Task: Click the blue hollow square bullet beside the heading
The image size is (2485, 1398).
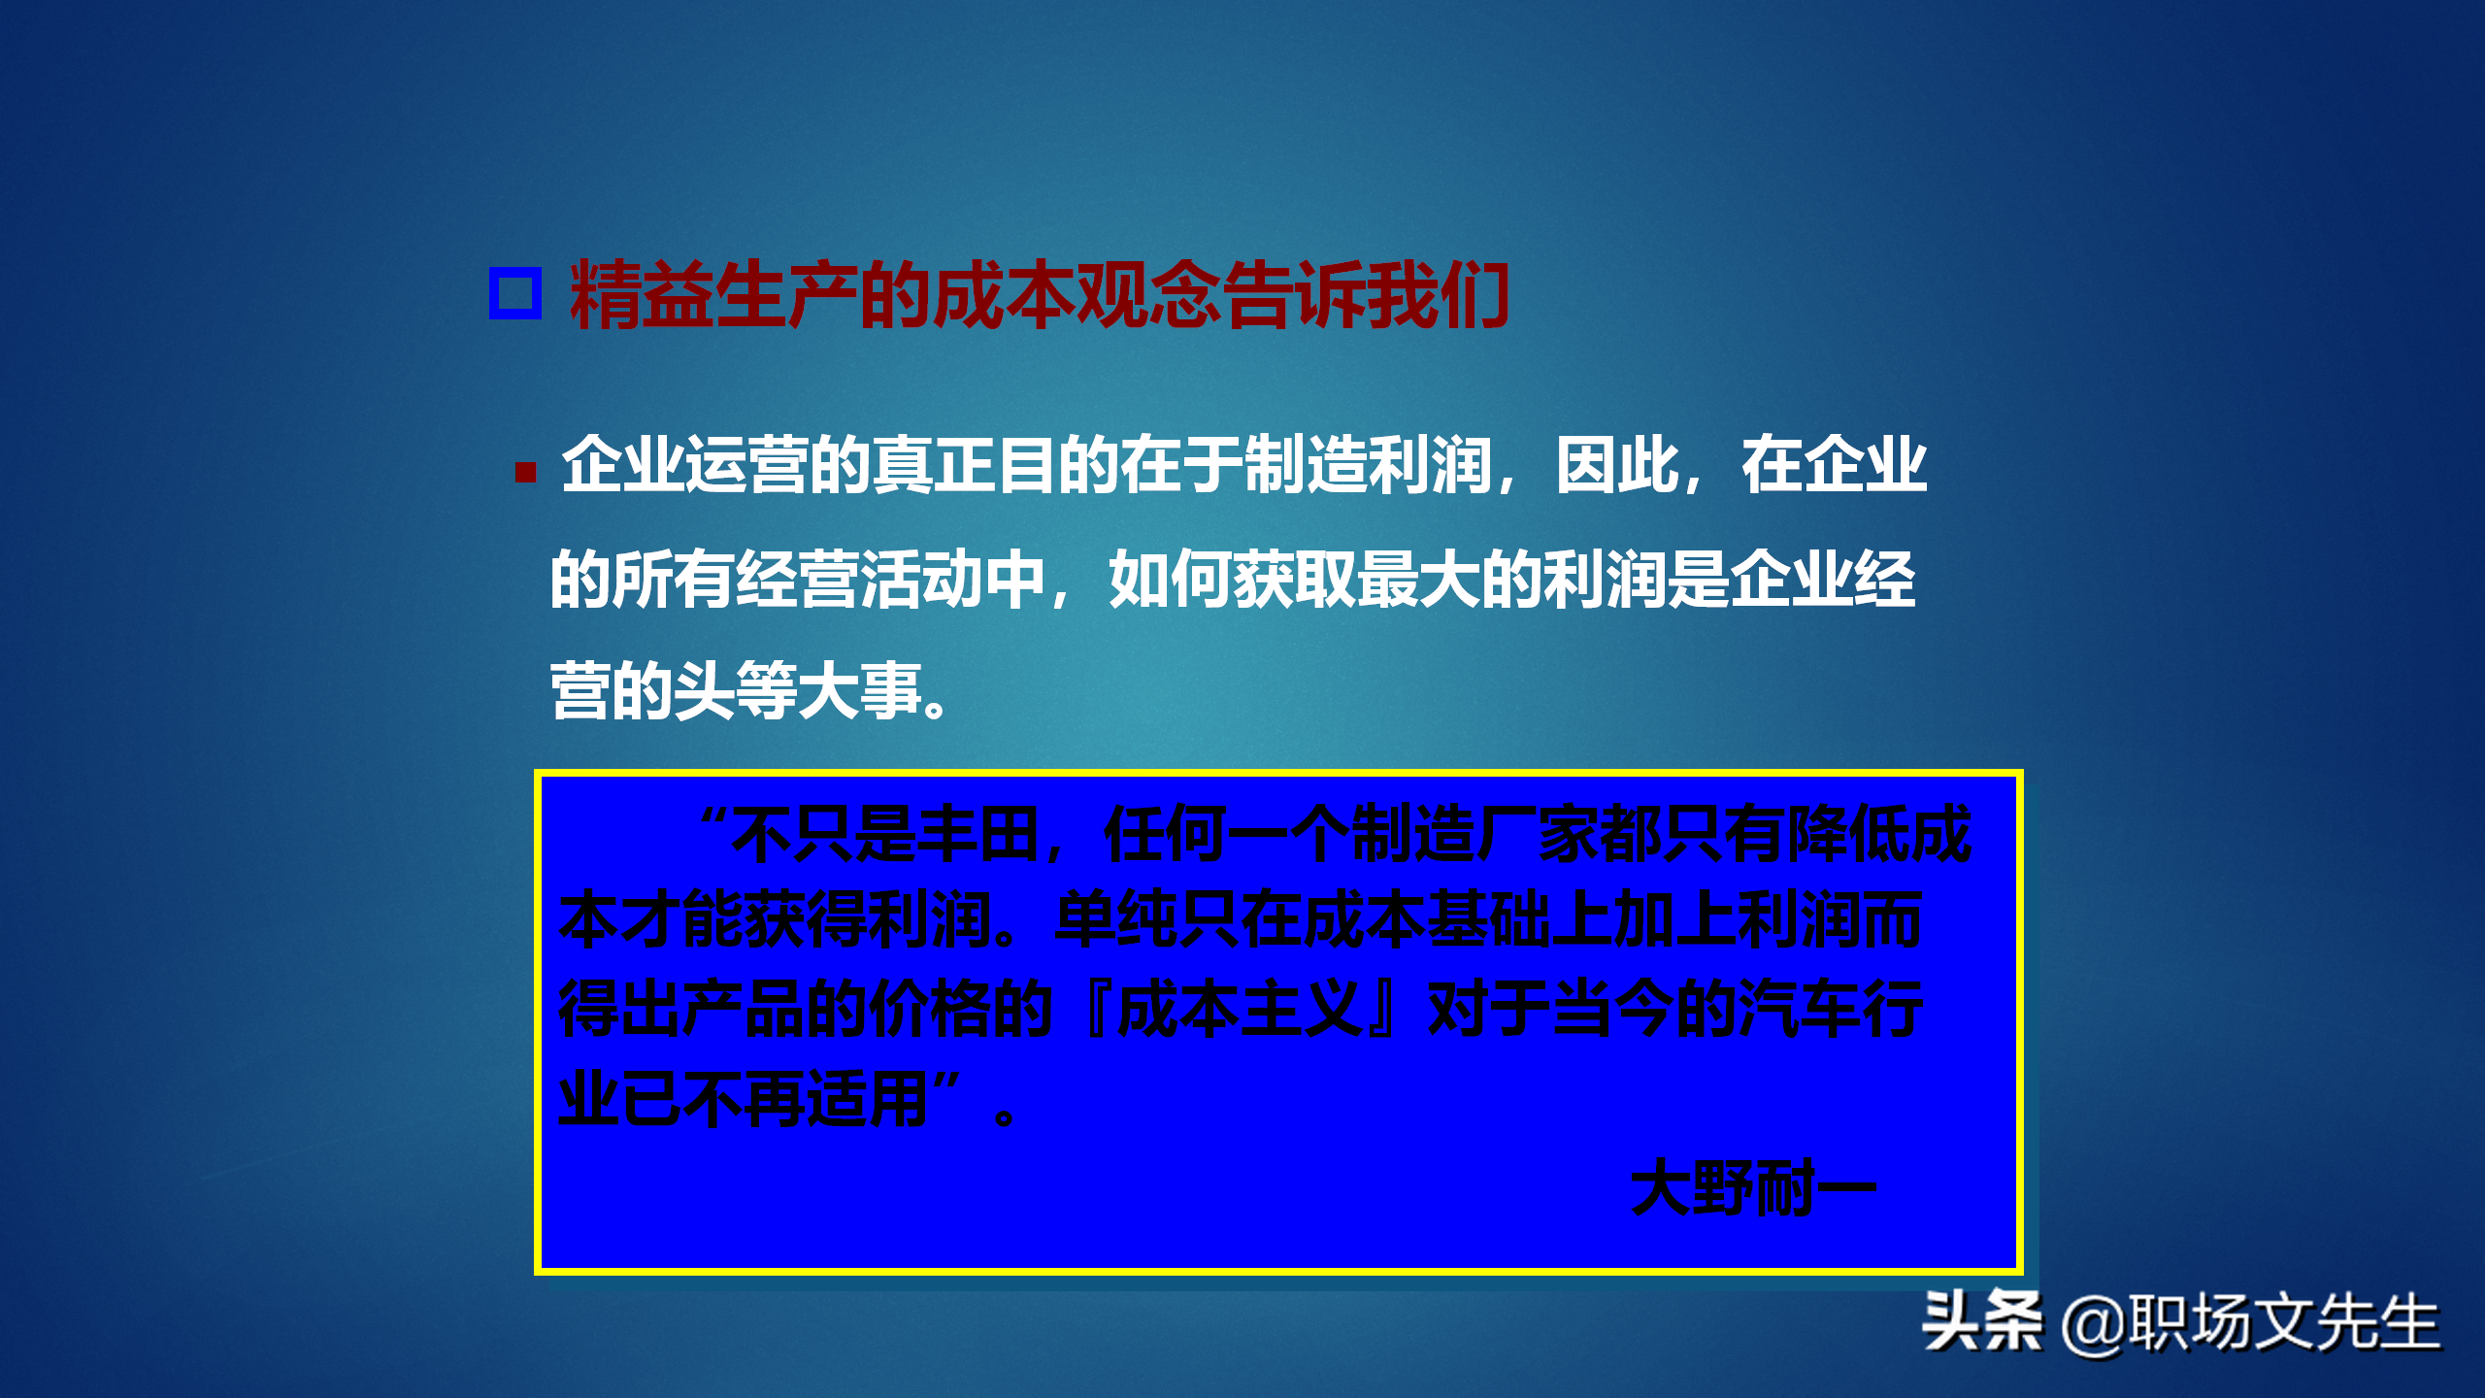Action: click(x=514, y=293)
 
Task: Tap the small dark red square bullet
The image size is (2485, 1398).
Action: click(x=526, y=473)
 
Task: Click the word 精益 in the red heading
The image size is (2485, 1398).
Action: click(x=641, y=294)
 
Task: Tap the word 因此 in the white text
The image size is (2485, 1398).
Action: click(x=1617, y=465)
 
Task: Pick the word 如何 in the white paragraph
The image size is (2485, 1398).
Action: click(x=1171, y=580)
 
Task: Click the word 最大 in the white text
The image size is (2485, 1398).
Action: click(x=1418, y=580)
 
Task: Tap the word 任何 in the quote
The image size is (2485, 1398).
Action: click(x=1165, y=834)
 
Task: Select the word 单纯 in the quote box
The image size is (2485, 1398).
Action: click(x=1116, y=919)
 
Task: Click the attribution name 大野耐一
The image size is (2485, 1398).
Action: click(x=1753, y=1187)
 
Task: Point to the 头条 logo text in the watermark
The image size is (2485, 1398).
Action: click(x=1981, y=1321)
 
